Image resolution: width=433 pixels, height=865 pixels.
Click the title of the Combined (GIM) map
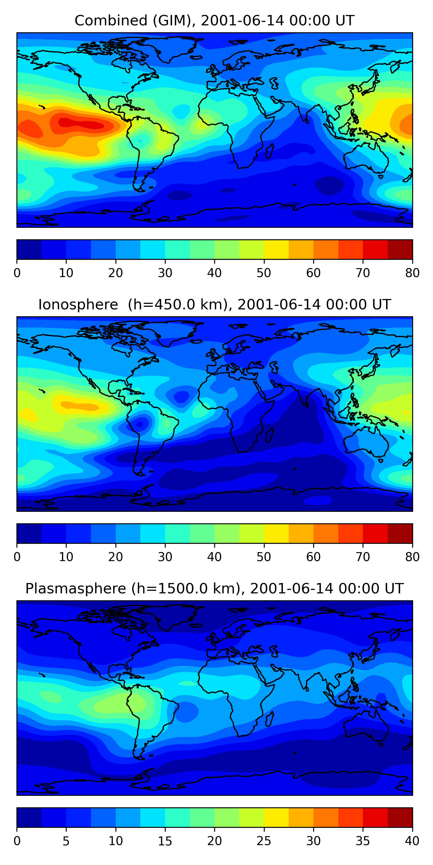(214, 20)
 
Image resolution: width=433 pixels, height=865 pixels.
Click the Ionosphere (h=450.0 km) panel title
(214, 304)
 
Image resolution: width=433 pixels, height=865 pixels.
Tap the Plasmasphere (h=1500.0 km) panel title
(214, 589)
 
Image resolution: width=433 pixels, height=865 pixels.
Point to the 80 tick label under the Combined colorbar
(412, 273)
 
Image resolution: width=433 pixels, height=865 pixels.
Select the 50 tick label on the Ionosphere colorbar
(264, 557)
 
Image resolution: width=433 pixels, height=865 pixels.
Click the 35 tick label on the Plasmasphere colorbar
(363, 841)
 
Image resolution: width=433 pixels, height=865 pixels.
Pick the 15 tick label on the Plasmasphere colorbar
(165, 841)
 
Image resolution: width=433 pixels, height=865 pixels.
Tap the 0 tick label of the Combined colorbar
(17, 273)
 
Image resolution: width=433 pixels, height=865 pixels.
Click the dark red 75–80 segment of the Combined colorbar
(400, 249)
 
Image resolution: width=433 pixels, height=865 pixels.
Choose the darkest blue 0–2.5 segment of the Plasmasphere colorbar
(29, 818)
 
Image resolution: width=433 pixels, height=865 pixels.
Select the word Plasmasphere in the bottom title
(76, 589)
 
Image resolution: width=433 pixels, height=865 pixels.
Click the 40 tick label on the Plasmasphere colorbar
(412, 841)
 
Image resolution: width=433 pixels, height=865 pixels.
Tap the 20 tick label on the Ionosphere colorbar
(116, 557)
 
